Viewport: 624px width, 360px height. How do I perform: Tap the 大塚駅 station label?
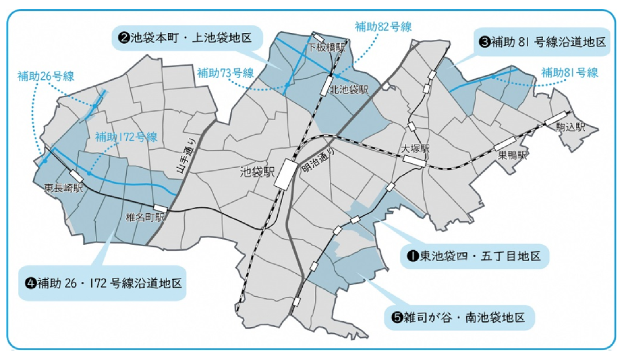417,149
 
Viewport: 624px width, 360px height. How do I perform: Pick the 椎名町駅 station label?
145,218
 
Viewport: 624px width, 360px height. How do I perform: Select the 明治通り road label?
314,161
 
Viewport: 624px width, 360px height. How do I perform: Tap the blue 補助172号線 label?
126,138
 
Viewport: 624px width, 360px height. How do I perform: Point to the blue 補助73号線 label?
226,73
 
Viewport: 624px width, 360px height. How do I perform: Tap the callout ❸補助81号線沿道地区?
543,42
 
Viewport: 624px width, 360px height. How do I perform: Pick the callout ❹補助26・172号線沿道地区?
104,283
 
